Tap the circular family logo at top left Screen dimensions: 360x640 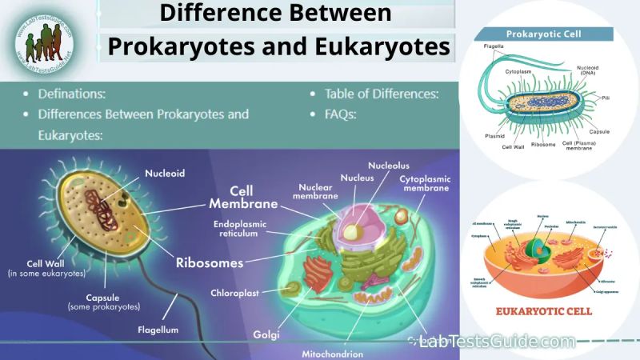[x=42, y=42]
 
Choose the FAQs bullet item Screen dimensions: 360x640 [x=340, y=114]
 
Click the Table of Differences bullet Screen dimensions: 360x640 [x=382, y=94]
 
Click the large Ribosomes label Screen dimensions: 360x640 [x=210, y=261]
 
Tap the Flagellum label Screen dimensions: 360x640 [x=157, y=329]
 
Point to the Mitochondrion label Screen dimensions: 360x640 [x=332, y=353]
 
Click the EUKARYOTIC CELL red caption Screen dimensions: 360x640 [x=544, y=311]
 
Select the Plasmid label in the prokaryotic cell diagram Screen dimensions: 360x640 [x=494, y=136]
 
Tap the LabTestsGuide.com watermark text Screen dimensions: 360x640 [x=496, y=342]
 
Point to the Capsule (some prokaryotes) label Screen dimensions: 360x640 [x=104, y=301]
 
